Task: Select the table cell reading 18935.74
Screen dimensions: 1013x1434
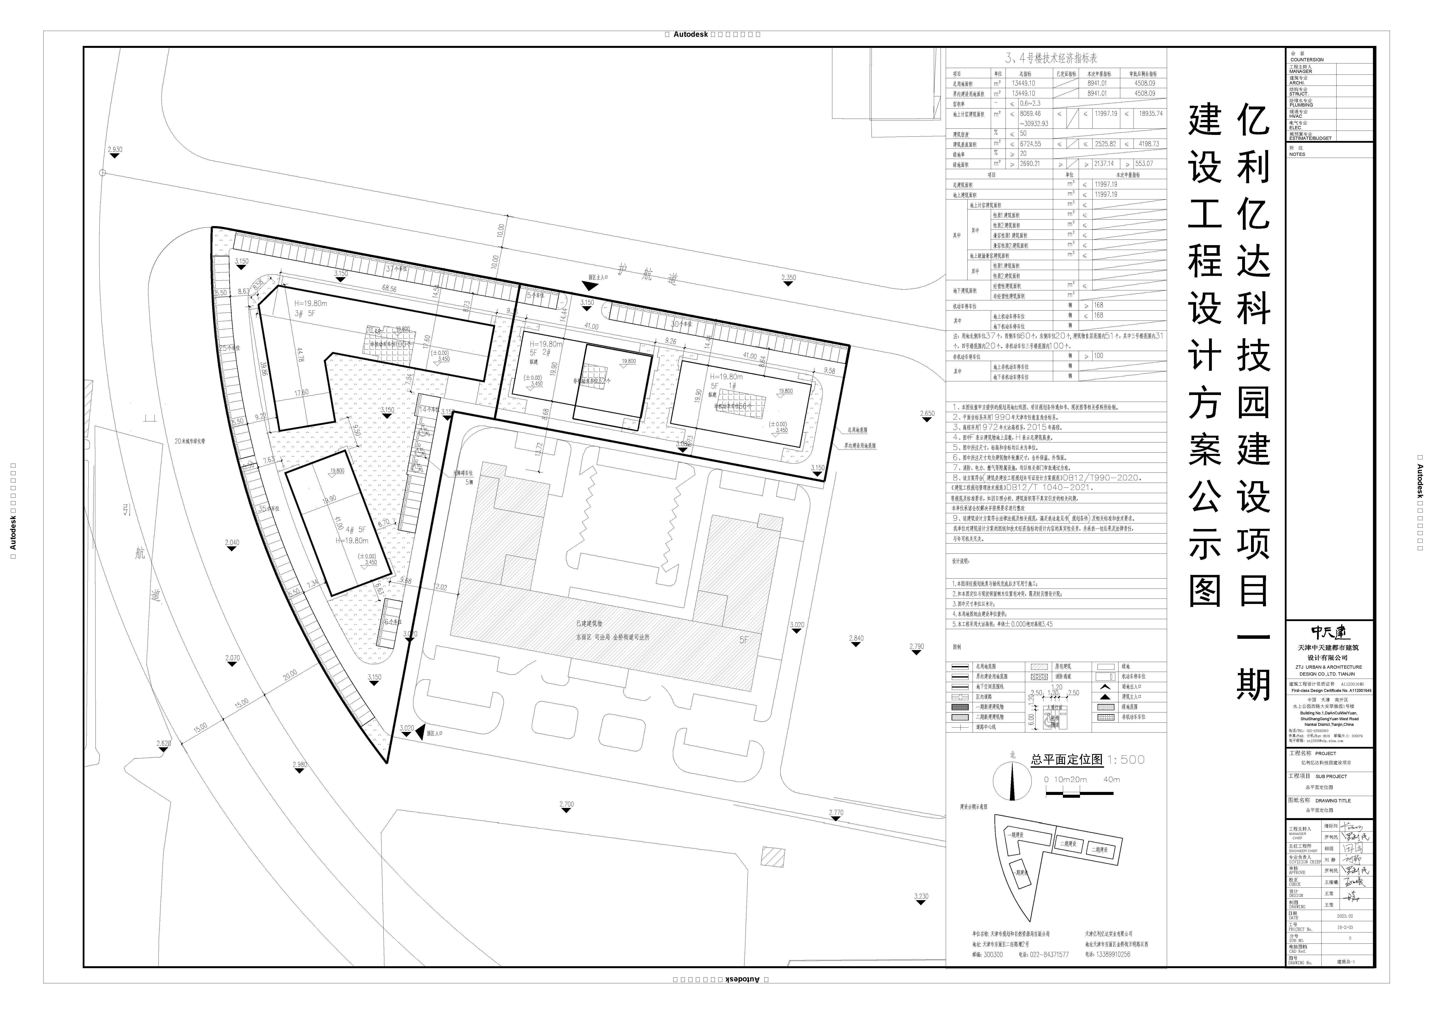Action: pyautogui.click(x=1150, y=114)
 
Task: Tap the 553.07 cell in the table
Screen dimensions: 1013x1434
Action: pyautogui.click(x=1144, y=164)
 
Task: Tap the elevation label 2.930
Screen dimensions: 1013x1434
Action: pyautogui.click(x=115, y=150)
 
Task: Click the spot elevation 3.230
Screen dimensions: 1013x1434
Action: pyautogui.click(x=921, y=896)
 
